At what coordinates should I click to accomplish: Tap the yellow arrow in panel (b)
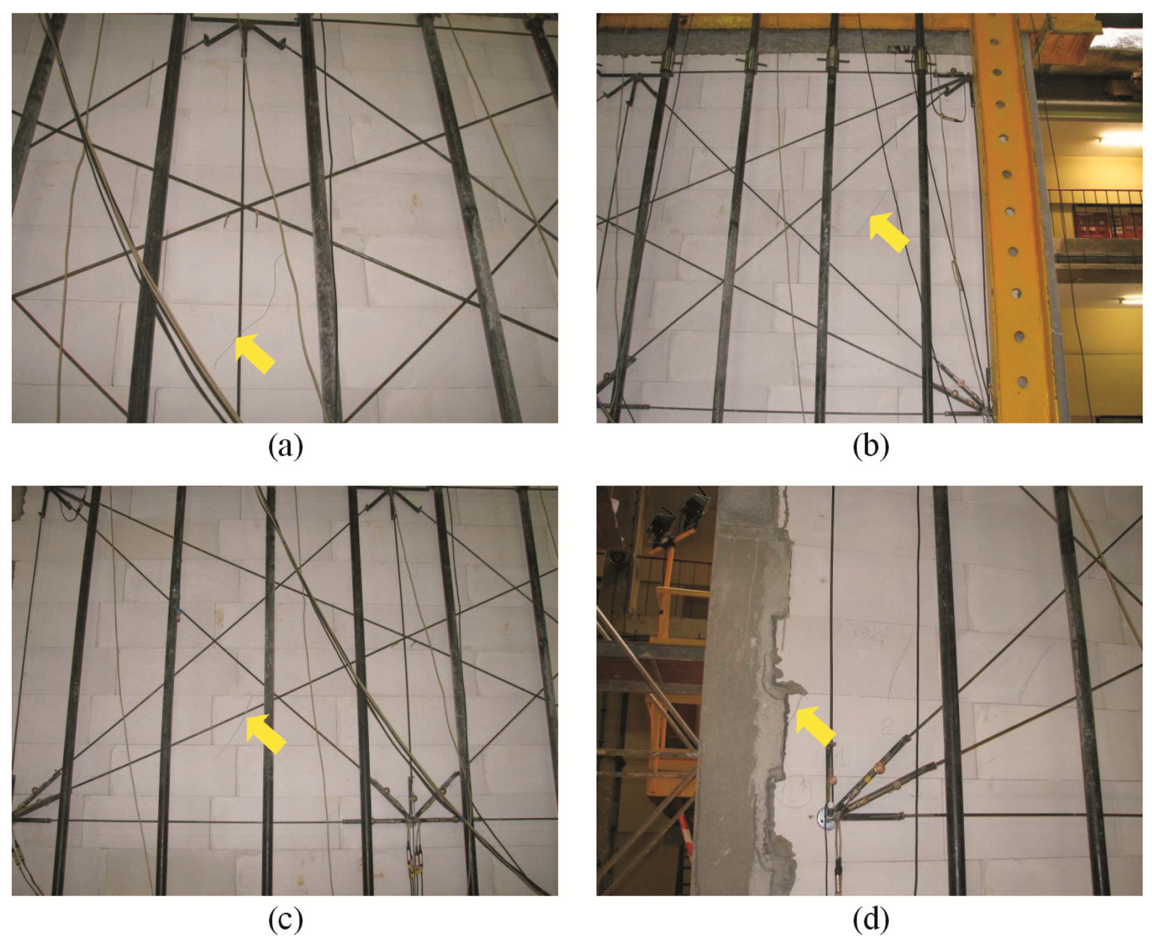[x=889, y=232]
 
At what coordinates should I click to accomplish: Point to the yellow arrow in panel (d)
[x=815, y=726]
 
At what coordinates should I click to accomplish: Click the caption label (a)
[x=286, y=446]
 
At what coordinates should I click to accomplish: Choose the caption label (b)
[x=871, y=446]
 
